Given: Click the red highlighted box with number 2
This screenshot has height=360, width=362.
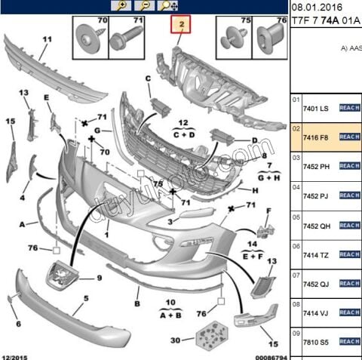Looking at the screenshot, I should coord(181,26).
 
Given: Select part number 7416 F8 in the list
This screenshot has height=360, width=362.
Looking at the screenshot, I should coord(315,137).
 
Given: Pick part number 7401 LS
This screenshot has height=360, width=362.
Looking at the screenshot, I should coord(315,108).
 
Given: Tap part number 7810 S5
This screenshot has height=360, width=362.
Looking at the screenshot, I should coord(315,341).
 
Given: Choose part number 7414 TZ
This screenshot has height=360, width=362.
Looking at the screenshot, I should coord(315,254).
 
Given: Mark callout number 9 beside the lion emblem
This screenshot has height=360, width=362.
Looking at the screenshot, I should coord(98,278).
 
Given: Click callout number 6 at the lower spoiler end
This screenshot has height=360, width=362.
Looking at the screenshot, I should coord(18,325).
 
